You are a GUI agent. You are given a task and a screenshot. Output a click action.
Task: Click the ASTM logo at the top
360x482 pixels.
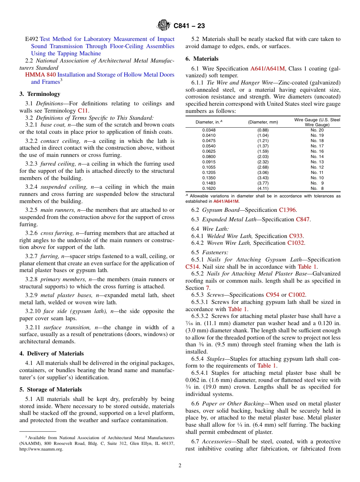[164, 25]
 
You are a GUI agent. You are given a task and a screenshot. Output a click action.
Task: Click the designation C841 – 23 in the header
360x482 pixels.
[189, 26]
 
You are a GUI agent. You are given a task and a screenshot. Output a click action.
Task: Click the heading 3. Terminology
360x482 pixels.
[40, 94]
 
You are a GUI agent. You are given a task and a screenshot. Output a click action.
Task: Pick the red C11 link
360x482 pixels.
[83, 111]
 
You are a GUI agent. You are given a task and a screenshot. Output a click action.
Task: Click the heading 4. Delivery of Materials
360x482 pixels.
[52, 354]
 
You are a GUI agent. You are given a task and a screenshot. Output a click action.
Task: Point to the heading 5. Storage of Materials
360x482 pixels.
[50, 390]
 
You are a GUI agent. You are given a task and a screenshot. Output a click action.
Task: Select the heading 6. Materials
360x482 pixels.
[202, 59]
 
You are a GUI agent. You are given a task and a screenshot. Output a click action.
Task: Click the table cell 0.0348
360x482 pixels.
[209, 130]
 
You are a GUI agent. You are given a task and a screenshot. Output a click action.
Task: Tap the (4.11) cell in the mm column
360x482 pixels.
[263, 188]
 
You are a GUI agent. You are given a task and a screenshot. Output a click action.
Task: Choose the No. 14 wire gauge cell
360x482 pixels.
[317, 156]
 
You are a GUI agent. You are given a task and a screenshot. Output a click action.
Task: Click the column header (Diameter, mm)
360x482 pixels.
[263, 122]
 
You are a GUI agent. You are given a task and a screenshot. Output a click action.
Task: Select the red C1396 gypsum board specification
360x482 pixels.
[288, 210]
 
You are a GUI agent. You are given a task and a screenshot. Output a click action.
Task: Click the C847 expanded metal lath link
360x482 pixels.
[302, 219]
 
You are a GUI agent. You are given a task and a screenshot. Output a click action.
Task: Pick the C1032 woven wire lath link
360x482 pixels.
[296, 243]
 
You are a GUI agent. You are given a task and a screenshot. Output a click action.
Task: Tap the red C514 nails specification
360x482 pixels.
[192, 267]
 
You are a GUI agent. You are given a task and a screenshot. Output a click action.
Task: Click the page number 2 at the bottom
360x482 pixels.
[180, 466]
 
